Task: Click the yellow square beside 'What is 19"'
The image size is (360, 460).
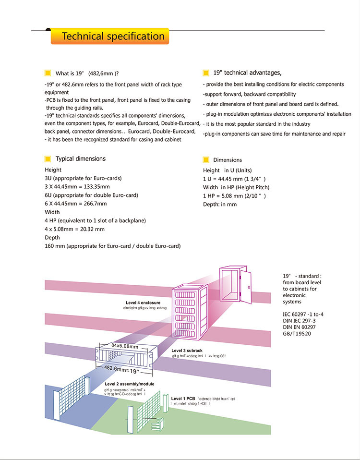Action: coord(48,73)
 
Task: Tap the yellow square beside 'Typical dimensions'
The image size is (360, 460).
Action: coord(48,159)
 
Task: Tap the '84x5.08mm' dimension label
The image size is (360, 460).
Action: coord(125,346)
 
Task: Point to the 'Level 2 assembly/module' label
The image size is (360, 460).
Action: coord(129,385)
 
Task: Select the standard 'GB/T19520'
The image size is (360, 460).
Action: coord(297,333)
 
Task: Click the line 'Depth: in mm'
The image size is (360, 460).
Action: coord(220,205)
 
